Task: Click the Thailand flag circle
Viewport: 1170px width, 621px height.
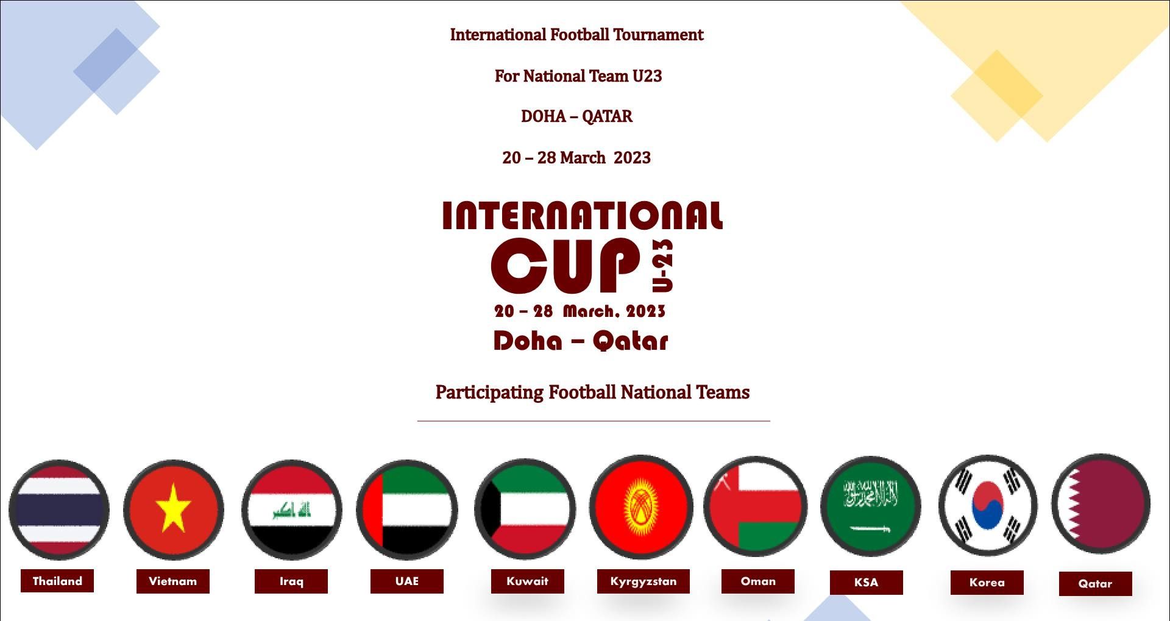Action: click(x=58, y=510)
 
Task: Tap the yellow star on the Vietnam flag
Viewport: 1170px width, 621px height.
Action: click(x=173, y=508)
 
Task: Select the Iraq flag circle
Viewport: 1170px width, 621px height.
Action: click(x=291, y=510)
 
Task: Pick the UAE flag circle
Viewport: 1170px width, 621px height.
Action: click(x=407, y=510)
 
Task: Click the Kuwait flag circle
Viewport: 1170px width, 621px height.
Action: click(x=525, y=509)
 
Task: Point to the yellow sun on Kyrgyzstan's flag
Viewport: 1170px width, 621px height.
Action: click(x=641, y=506)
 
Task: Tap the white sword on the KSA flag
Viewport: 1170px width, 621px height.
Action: click(x=870, y=529)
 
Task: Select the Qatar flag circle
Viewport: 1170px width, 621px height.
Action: click(x=1101, y=503)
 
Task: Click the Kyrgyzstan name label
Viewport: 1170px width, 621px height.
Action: click(x=643, y=581)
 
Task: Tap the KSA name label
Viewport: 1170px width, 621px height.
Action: click(x=866, y=583)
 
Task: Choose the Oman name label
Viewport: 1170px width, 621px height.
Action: click(x=758, y=581)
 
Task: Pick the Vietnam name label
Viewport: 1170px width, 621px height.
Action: click(x=173, y=581)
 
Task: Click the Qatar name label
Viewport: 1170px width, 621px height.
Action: click(x=1096, y=584)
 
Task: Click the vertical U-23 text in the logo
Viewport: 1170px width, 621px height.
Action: click(x=663, y=266)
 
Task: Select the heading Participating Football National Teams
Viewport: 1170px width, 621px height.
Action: click(x=592, y=392)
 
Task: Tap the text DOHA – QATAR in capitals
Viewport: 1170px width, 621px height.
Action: click(x=576, y=116)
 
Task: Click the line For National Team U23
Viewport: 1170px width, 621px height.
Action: click(x=578, y=76)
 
